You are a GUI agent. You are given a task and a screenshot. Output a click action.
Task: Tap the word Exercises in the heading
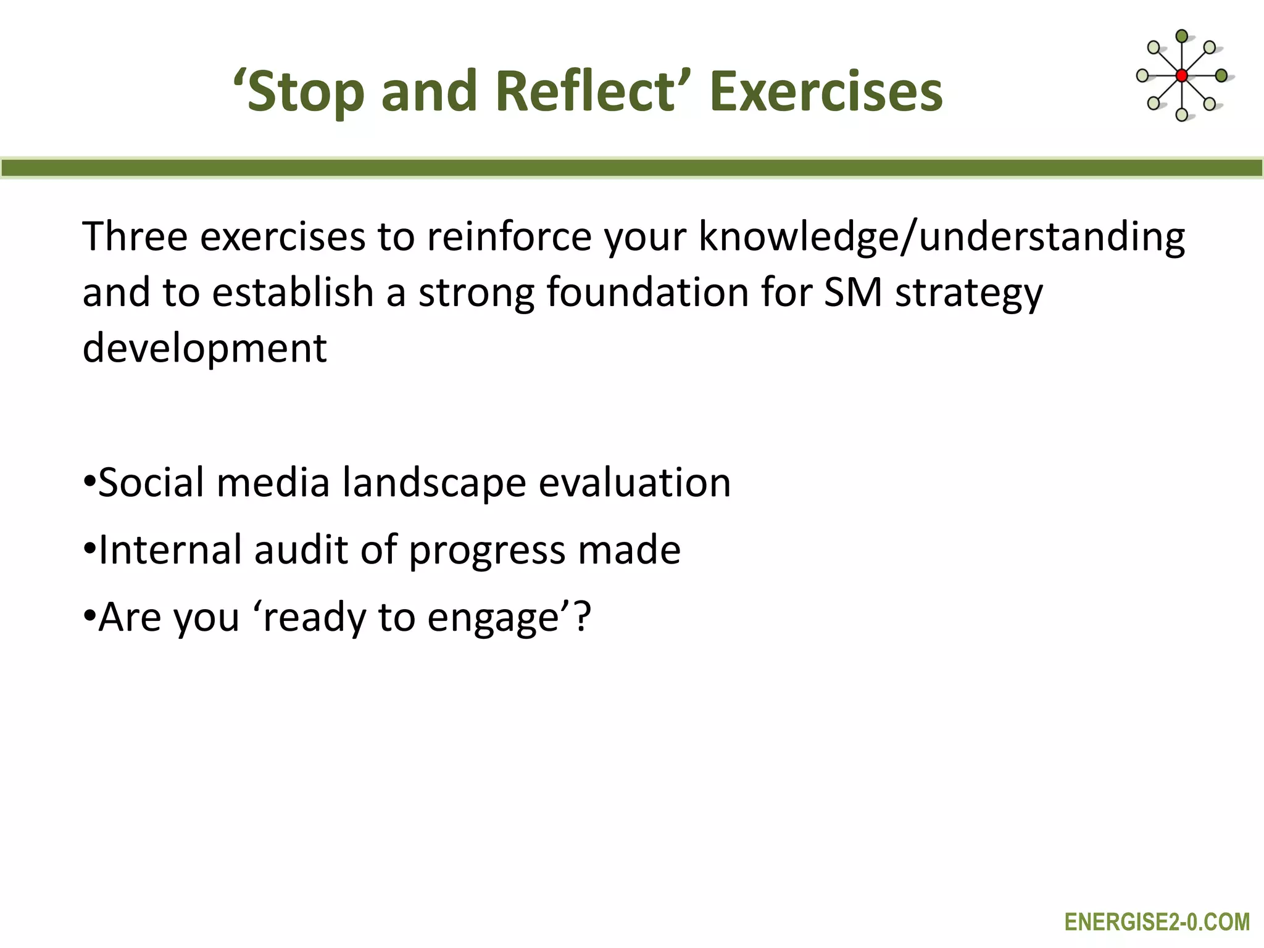(x=826, y=91)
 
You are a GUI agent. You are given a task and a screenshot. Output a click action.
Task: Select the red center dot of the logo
(x=1181, y=76)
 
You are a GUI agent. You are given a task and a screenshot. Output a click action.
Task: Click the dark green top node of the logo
(x=1181, y=36)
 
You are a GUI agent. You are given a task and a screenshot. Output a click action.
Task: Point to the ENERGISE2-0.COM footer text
(x=1157, y=922)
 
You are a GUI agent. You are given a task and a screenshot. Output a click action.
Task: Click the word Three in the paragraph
(x=135, y=236)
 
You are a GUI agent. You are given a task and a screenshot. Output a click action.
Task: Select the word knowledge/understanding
(x=941, y=238)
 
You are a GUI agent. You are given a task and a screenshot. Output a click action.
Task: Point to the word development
(x=204, y=349)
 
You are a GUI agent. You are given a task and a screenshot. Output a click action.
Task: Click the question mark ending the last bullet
(x=582, y=617)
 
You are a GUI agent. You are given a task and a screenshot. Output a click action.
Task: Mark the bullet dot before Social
(x=89, y=481)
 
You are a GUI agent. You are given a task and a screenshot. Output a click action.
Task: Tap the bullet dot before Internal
(x=89, y=548)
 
